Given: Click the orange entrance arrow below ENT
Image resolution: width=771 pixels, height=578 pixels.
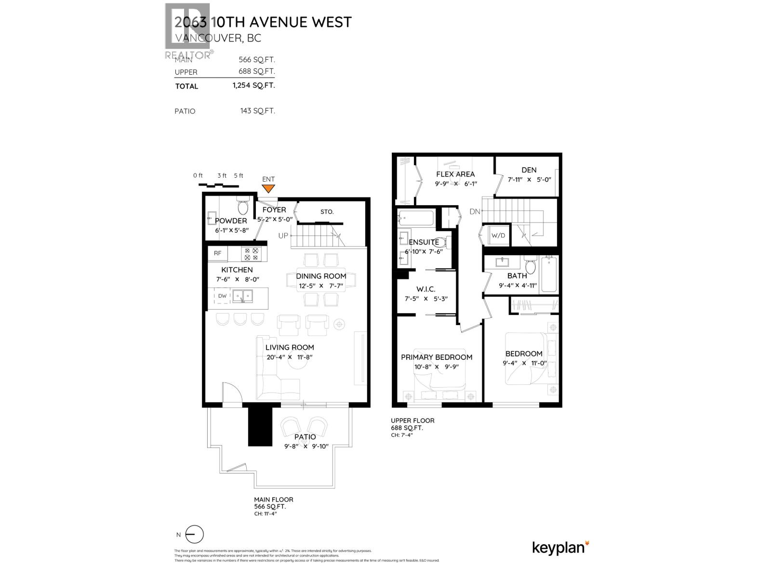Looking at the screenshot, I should coord(268,189).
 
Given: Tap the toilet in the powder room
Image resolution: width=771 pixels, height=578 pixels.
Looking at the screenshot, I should coord(242,207).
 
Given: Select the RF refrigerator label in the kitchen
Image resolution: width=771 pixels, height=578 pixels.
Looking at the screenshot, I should coord(218,253).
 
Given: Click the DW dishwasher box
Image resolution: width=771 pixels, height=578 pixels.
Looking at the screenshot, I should coord(222,296).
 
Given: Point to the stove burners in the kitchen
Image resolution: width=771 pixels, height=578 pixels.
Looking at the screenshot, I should coord(252,254).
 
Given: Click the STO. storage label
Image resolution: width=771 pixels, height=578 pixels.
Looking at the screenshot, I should coord(327,211).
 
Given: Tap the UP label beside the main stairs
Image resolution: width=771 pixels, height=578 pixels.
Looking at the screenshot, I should coord(283,236).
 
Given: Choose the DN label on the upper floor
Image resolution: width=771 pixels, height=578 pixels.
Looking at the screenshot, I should coord(475,211).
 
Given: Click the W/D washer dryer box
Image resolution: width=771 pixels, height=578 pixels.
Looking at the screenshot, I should coord(498,236).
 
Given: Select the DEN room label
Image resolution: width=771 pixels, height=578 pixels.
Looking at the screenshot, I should coord(529,170).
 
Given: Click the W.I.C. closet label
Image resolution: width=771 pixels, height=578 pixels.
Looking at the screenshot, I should coord(426,289).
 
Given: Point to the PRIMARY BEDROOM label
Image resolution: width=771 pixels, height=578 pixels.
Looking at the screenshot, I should coord(437,357).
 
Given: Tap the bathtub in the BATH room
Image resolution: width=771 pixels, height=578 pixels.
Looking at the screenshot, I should coord(549,275).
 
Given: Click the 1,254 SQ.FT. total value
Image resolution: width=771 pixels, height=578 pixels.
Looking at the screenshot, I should coord(253,85).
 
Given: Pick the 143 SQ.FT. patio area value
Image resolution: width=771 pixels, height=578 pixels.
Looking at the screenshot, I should coord(257,111).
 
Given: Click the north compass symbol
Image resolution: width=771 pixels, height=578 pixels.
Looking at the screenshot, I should coord(195,535).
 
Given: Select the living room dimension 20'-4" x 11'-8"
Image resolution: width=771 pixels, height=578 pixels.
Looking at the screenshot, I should coord(290,357).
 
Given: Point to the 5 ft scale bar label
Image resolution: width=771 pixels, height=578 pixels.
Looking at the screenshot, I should coord(239,175).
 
